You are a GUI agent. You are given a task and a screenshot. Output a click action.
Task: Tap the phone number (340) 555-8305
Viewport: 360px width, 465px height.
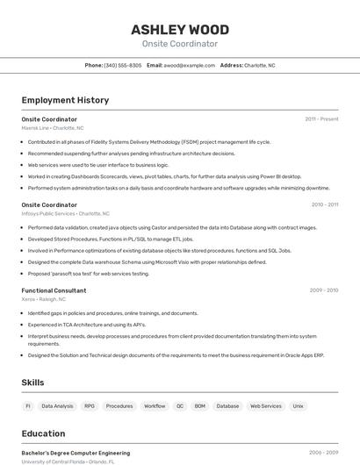pyautogui.click(x=122, y=65)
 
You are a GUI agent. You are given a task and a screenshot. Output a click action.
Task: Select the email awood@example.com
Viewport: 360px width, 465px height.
pyautogui.click(x=189, y=65)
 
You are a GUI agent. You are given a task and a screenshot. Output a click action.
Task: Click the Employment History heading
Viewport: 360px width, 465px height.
pyautogui.click(x=65, y=100)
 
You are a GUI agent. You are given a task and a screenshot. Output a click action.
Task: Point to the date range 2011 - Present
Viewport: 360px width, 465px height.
pyautogui.click(x=321, y=118)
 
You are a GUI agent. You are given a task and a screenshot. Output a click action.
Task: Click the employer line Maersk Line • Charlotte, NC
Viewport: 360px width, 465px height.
pyautogui.click(x=54, y=127)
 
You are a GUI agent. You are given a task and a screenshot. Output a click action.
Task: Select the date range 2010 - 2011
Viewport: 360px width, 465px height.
pyautogui.click(x=324, y=204)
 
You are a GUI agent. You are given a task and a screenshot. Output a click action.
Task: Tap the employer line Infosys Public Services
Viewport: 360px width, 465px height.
pyautogui.click(x=65, y=213)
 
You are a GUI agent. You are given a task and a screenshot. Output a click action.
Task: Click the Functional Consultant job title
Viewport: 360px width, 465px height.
pyautogui.click(x=54, y=290)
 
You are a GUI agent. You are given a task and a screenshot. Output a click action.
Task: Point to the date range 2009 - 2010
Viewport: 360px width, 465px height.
pyautogui.click(x=323, y=290)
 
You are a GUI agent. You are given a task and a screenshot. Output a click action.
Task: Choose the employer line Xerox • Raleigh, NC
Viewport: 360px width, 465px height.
pyautogui.click(x=44, y=299)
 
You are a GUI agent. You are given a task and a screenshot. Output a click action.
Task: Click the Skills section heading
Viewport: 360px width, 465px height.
pyautogui.click(x=32, y=383)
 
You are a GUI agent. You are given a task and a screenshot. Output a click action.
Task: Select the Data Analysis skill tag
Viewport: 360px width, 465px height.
pyautogui.click(x=58, y=406)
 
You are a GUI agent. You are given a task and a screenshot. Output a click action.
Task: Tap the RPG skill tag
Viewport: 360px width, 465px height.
pyautogui.click(x=90, y=406)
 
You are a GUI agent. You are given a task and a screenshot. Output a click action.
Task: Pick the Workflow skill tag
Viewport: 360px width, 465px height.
pyautogui.click(x=155, y=406)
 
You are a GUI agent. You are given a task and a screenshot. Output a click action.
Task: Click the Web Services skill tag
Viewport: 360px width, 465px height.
pyautogui.click(x=266, y=406)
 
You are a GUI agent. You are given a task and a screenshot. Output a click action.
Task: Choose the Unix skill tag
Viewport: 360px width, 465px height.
pyautogui.click(x=299, y=406)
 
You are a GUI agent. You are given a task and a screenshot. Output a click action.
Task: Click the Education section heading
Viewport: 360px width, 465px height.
pyautogui.click(x=43, y=433)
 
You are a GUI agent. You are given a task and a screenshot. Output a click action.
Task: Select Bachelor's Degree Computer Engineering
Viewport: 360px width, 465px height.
pyautogui.click(x=76, y=453)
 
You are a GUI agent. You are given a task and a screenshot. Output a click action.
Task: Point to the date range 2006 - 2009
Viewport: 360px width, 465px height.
pyautogui.click(x=323, y=453)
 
